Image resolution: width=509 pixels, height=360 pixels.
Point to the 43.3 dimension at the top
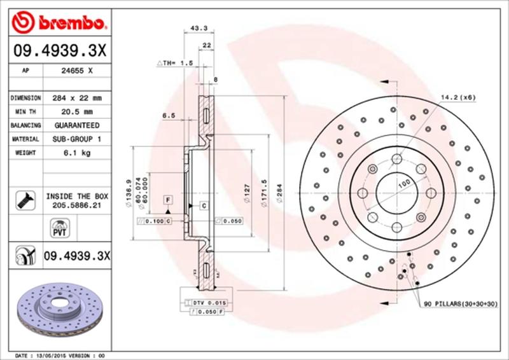coord(198,27)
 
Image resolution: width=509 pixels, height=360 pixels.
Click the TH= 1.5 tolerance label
coord(174,64)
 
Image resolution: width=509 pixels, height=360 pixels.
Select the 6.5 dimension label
coord(169,116)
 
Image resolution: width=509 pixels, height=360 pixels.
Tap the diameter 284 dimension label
coord(279,192)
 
